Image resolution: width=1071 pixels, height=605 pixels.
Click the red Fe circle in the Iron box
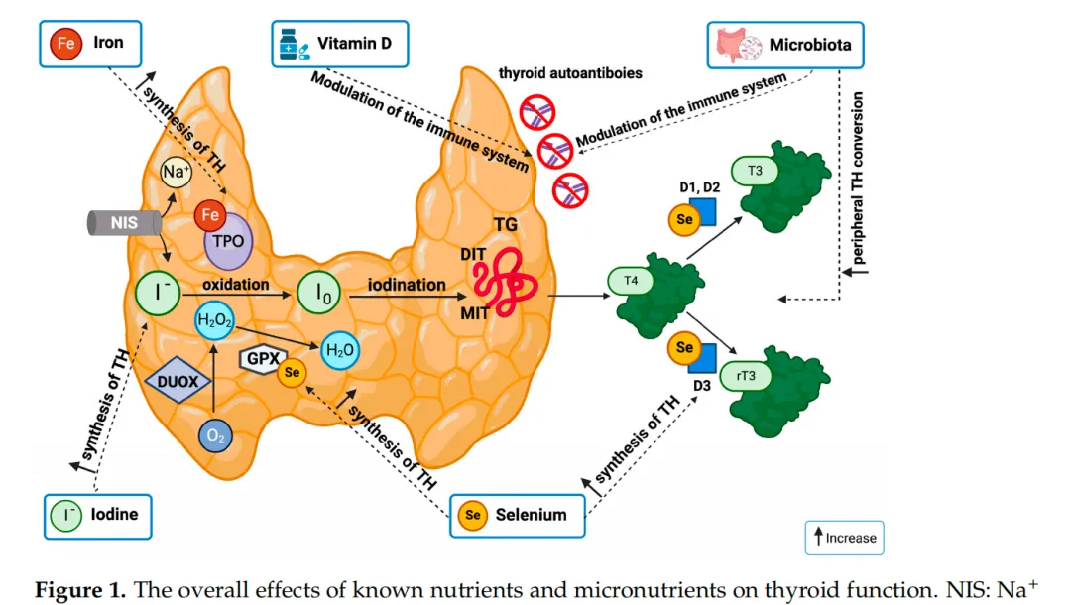(x=64, y=45)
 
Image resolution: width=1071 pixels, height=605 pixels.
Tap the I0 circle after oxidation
(x=321, y=293)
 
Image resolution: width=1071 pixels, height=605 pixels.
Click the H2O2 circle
(x=214, y=320)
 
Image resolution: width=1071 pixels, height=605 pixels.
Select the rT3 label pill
(x=749, y=376)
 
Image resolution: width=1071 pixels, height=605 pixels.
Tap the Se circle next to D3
(x=684, y=348)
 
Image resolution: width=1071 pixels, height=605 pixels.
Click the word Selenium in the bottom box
(x=531, y=515)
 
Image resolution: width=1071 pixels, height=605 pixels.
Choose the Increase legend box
(x=843, y=538)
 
